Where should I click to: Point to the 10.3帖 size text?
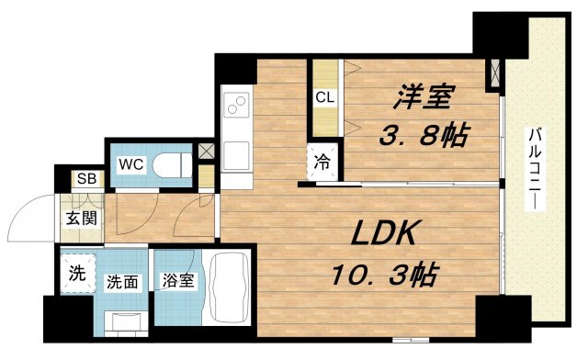tap(382, 274)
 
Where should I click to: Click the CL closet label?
tap(324, 96)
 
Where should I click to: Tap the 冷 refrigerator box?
tap(323, 160)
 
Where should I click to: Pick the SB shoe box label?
tap(87, 179)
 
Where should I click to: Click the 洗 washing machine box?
tap(78, 272)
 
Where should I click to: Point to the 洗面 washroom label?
tap(122, 281)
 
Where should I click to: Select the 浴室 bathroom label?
tap(178, 281)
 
